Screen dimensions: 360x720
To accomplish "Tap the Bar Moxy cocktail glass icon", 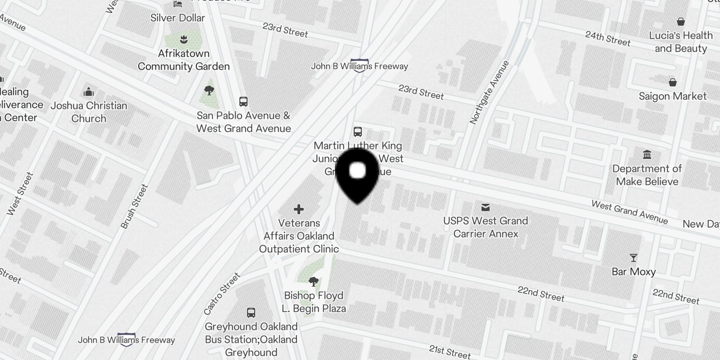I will tap(634, 258).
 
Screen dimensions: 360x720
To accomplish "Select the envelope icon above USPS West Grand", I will tap(486, 207).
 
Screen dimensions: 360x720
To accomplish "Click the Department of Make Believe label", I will tap(647, 175).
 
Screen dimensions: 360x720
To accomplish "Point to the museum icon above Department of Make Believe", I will tap(647, 155).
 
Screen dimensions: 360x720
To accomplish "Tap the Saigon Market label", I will tap(672, 96).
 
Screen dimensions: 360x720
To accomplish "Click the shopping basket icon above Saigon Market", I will tap(673, 82).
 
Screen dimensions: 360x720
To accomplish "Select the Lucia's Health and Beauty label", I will tap(680, 42).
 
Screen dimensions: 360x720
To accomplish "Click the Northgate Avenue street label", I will tap(489, 92).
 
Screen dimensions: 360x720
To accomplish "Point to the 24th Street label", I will tap(607, 38).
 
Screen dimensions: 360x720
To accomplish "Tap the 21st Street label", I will tap(450, 351).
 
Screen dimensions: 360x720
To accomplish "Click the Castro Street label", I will tap(222, 293).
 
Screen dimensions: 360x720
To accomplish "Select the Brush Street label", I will tap(135, 206).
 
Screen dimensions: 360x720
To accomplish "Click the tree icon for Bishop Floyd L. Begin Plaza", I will tap(314, 282).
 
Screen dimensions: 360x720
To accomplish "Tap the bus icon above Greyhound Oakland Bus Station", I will tap(251, 313).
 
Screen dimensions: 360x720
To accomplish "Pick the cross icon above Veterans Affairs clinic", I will tap(299, 209).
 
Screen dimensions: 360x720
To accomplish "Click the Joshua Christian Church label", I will tap(89, 112).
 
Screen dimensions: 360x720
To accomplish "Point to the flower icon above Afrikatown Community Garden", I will tap(183, 39).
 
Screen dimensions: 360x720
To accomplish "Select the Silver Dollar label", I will tap(177, 18).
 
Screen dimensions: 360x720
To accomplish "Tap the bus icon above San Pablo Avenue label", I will tap(243, 102).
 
